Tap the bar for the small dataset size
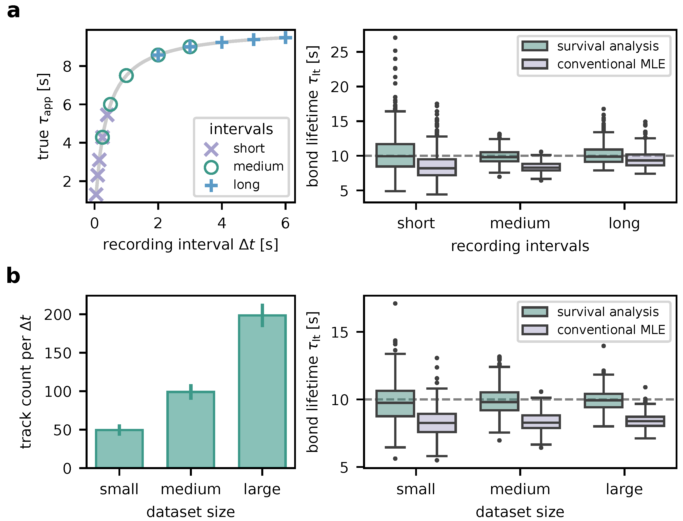(119, 449)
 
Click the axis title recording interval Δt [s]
(190, 245)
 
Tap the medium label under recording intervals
(520, 223)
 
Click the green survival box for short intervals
(395, 155)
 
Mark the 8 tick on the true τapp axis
(67, 66)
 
